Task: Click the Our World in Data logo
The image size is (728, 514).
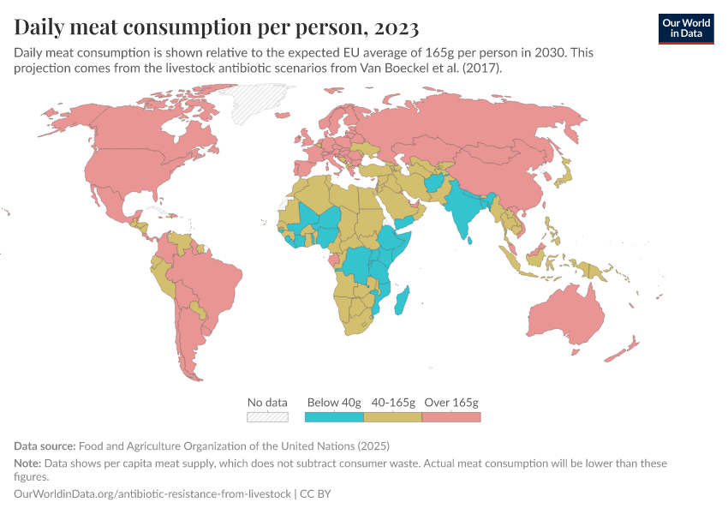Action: point(686,28)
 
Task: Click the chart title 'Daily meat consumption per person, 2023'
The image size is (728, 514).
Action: point(217,27)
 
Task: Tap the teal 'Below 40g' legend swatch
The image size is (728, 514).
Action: point(334,417)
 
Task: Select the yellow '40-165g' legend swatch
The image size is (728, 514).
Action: point(393,417)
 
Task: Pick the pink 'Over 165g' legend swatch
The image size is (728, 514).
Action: point(451,417)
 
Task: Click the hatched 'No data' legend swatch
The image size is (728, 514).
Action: point(267,417)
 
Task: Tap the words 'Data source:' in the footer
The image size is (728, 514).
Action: point(45,446)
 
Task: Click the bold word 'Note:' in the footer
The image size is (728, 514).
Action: point(29,463)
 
